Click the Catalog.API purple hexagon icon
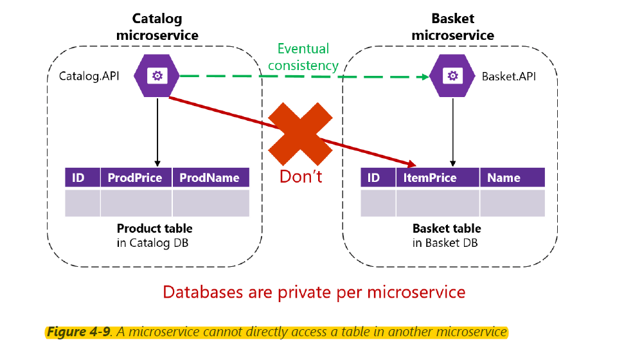click(x=157, y=76)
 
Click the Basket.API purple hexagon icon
click(x=453, y=76)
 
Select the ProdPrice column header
click(x=136, y=177)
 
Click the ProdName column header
click(x=210, y=177)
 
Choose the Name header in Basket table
click(x=504, y=177)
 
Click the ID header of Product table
click(x=78, y=177)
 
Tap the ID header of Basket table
click(x=374, y=177)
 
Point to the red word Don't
click(x=301, y=176)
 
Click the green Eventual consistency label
click(x=303, y=57)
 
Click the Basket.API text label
click(x=509, y=76)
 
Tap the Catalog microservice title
click(x=157, y=27)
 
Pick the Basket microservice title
click(x=452, y=27)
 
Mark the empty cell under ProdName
click(x=210, y=203)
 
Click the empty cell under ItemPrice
click(x=437, y=203)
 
